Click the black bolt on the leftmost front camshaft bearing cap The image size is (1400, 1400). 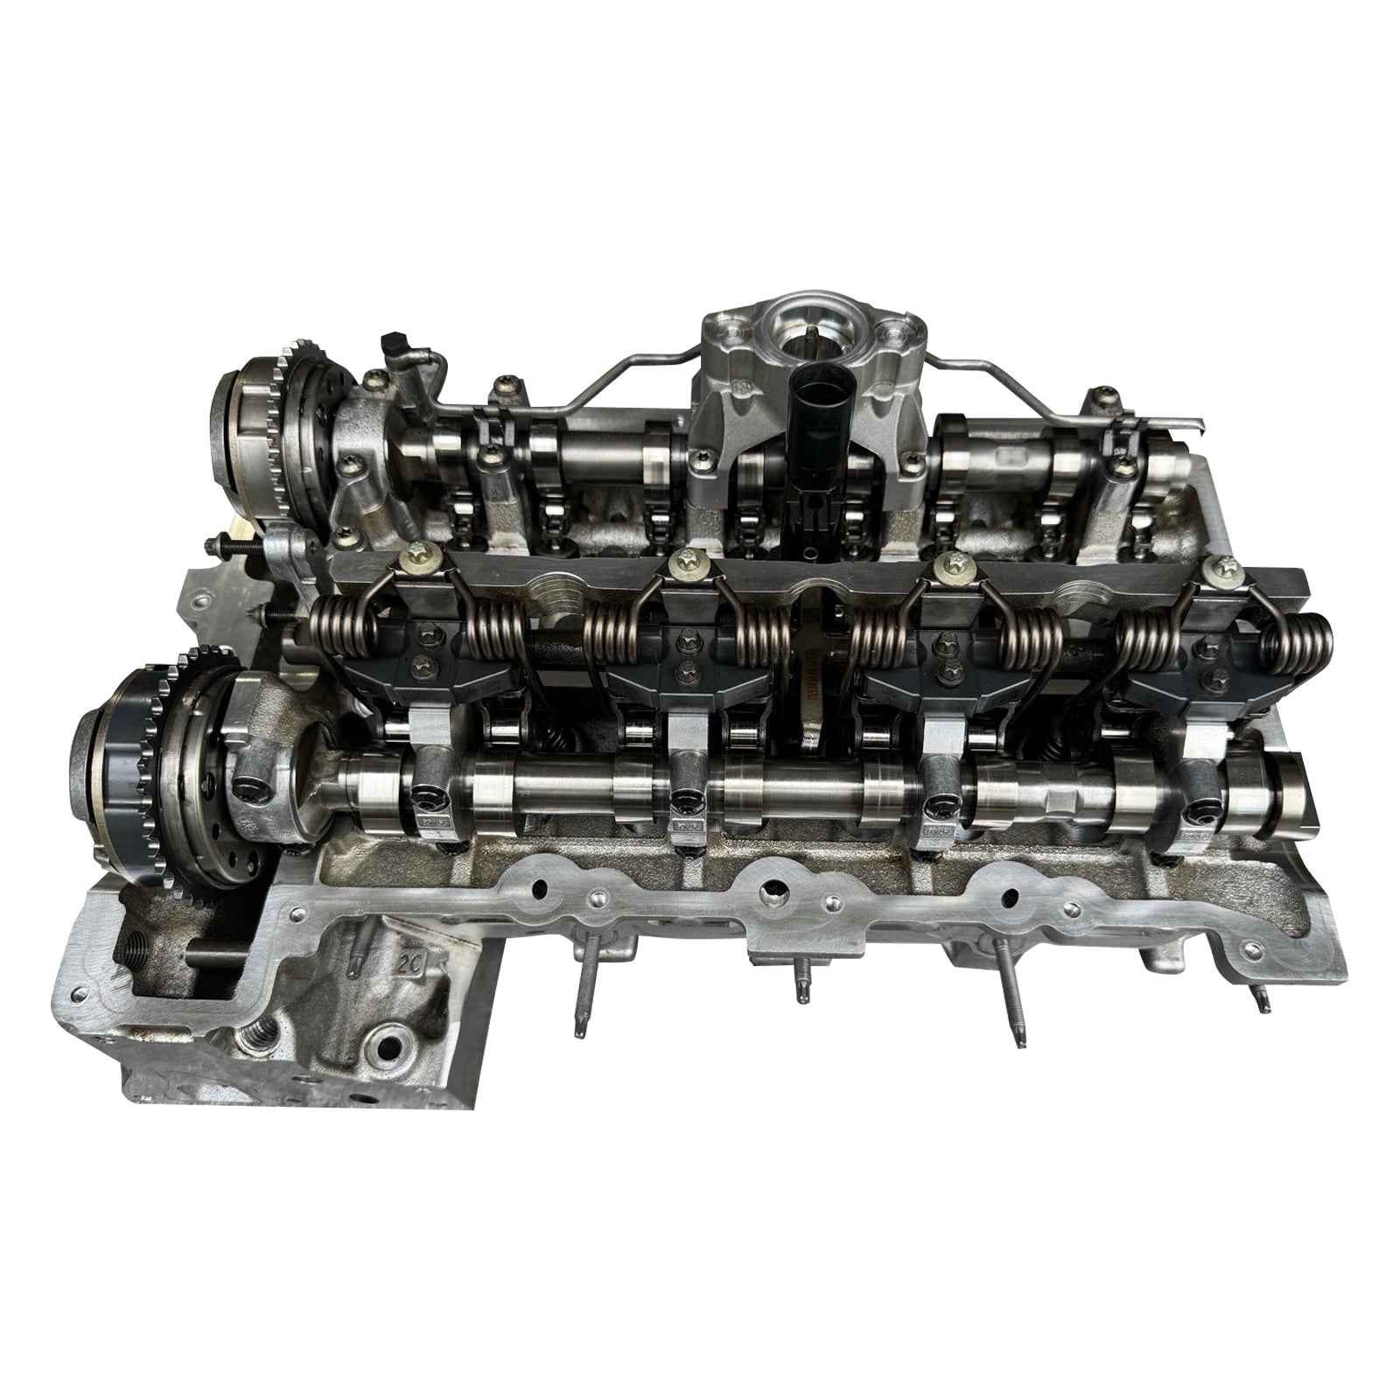pos(429,796)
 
